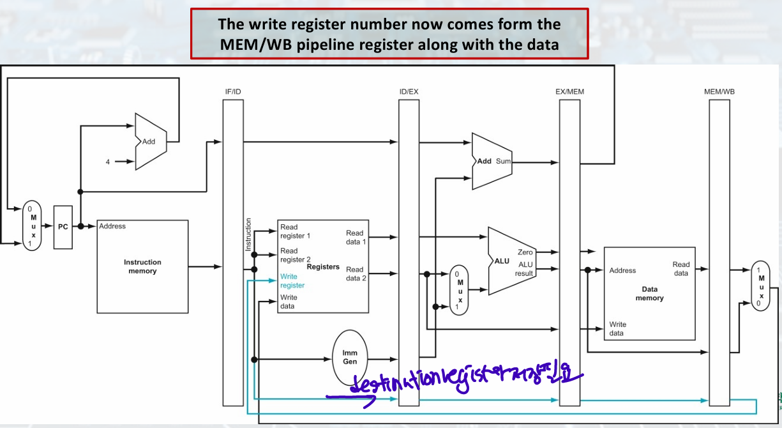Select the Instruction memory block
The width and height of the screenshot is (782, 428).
(x=142, y=266)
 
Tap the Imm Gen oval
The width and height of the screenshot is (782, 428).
(x=350, y=357)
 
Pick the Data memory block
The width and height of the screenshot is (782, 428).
(x=649, y=294)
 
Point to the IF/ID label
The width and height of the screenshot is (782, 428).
(x=233, y=92)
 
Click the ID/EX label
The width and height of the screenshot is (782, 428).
(x=409, y=92)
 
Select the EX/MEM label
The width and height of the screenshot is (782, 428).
(x=569, y=92)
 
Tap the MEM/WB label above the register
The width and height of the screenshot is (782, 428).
(x=719, y=92)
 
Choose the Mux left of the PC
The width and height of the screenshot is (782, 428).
(x=31, y=226)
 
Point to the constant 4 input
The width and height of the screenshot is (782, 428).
(x=108, y=162)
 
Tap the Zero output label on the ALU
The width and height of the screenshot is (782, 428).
(x=525, y=252)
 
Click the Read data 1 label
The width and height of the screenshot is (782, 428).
(x=355, y=237)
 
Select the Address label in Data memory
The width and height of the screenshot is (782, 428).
(x=622, y=270)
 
